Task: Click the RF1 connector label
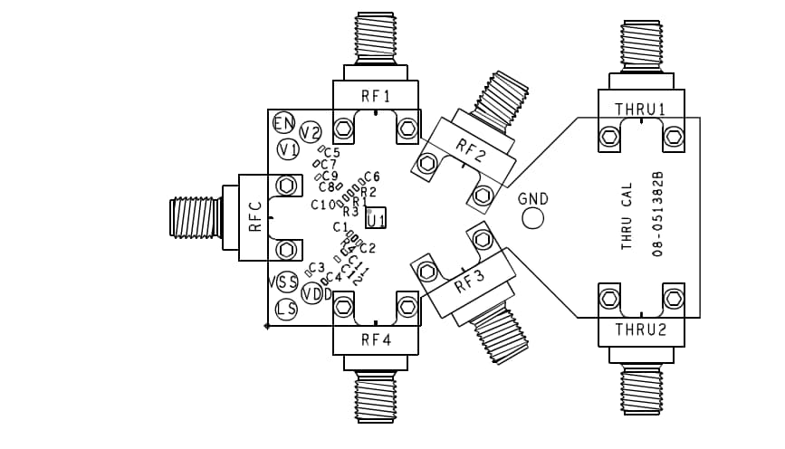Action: (375, 95)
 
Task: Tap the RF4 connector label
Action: (375, 340)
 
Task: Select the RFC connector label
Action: (255, 217)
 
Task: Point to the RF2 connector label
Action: (470, 149)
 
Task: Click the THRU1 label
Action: (641, 109)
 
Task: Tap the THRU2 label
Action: (641, 330)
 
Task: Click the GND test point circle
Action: (532, 218)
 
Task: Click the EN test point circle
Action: (284, 123)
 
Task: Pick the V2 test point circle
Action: (311, 132)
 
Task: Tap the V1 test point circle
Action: (289, 148)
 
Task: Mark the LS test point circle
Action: (287, 310)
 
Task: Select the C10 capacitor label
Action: (323, 205)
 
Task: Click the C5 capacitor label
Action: (331, 153)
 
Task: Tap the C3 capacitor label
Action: (317, 268)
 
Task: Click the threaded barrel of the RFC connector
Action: (195, 218)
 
